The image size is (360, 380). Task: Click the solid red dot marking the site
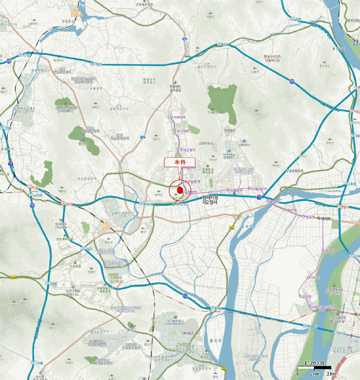tap(180, 191)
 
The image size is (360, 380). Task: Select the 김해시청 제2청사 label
tap(210, 200)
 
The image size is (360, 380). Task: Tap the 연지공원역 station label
tap(187, 149)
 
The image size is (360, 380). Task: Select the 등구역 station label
tap(327, 250)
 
